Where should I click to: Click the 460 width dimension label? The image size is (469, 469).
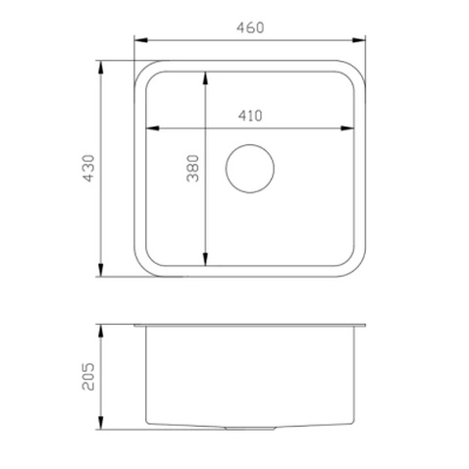tap(250, 27)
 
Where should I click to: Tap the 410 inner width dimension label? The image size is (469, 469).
tap(250, 116)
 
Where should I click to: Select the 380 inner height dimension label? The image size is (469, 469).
tap(192, 168)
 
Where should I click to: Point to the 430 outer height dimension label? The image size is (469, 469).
tap(88, 168)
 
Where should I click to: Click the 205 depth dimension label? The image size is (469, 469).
tap(88, 377)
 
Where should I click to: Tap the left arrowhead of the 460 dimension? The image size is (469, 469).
tap(141, 40)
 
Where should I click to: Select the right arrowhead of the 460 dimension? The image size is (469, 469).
tap(358, 40)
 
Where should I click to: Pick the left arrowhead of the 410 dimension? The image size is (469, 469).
tap(152, 129)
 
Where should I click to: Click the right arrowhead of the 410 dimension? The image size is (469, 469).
tap(347, 129)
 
